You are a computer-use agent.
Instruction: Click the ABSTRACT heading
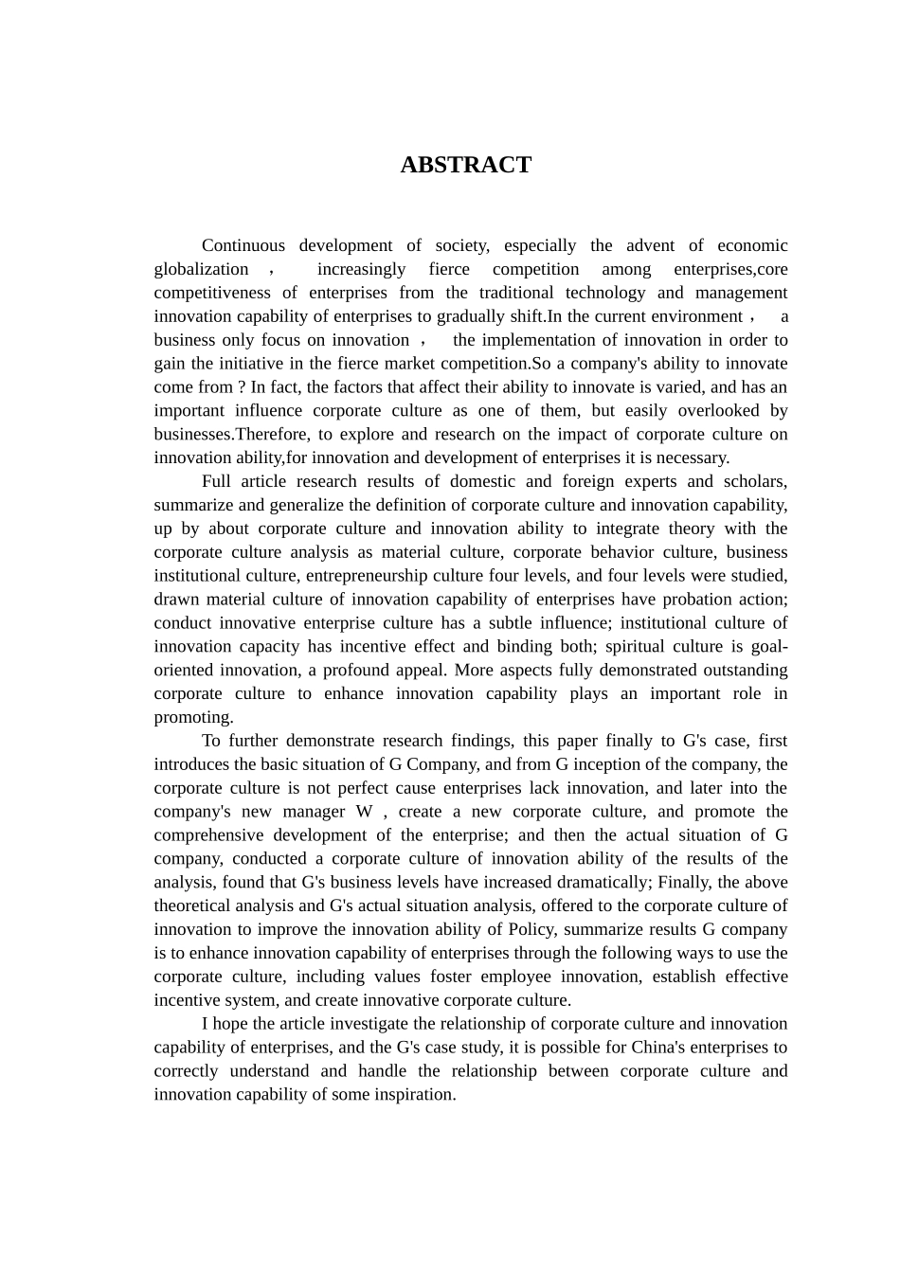coord(465,165)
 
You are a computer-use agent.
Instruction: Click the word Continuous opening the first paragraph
coord(243,245)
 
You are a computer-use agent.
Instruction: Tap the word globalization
coord(201,269)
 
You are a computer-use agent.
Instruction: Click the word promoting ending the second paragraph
coord(192,717)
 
